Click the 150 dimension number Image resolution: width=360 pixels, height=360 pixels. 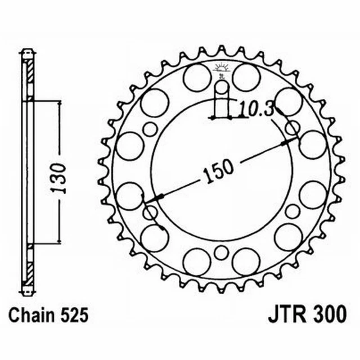(216, 169)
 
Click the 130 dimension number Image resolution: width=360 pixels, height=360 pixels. (60, 178)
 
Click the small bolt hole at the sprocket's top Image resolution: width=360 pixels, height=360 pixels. (223, 87)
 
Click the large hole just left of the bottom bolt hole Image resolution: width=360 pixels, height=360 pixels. (197, 262)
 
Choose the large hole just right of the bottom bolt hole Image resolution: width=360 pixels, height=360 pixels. (246, 262)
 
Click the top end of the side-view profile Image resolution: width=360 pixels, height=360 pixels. (26, 54)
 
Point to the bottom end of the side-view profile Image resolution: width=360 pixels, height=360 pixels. (26, 291)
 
